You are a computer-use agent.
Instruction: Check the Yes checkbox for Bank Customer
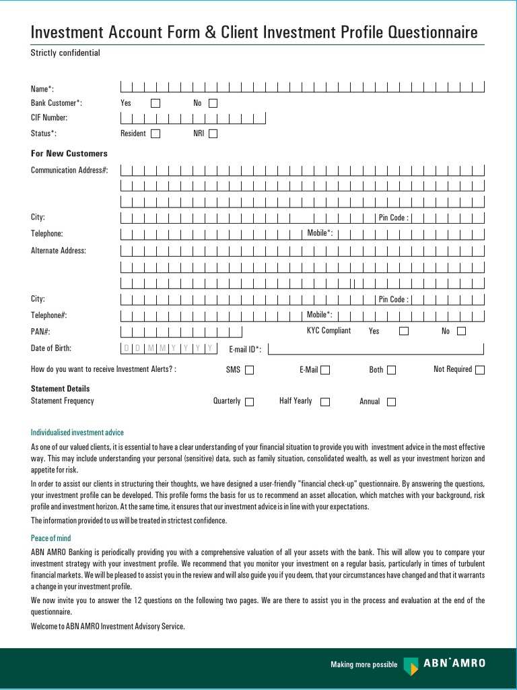tap(156, 104)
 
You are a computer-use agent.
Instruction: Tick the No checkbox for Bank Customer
tap(213, 104)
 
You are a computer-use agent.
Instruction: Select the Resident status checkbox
tap(156, 134)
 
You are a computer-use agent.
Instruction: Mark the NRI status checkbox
tap(213, 134)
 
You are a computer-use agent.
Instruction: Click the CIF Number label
tap(49, 118)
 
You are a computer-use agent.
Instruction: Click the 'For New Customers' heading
tap(69, 154)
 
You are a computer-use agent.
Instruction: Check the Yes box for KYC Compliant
tap(404, 331)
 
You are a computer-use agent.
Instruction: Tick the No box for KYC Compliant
tap(461, 331)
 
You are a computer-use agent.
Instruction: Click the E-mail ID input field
tap(376, 348)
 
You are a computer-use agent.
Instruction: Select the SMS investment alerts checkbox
tap(249, 370)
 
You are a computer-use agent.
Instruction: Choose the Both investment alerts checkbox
tap(391, 370)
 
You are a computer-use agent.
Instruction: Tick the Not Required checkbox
tap(479, 370)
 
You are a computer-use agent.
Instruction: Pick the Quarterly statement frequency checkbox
tap(249, 402)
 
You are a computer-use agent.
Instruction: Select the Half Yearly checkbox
tap(324, 402)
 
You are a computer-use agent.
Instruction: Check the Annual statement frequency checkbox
tap(391, 402)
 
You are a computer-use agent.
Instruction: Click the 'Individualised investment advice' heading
tap(77, 433)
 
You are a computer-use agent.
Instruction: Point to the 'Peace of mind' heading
tap(50, 538)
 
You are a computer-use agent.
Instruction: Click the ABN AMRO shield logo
tap(410, 666)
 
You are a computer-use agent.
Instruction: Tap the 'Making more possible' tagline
tap(364, 665)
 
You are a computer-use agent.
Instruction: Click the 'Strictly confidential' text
tap(65, 53)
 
